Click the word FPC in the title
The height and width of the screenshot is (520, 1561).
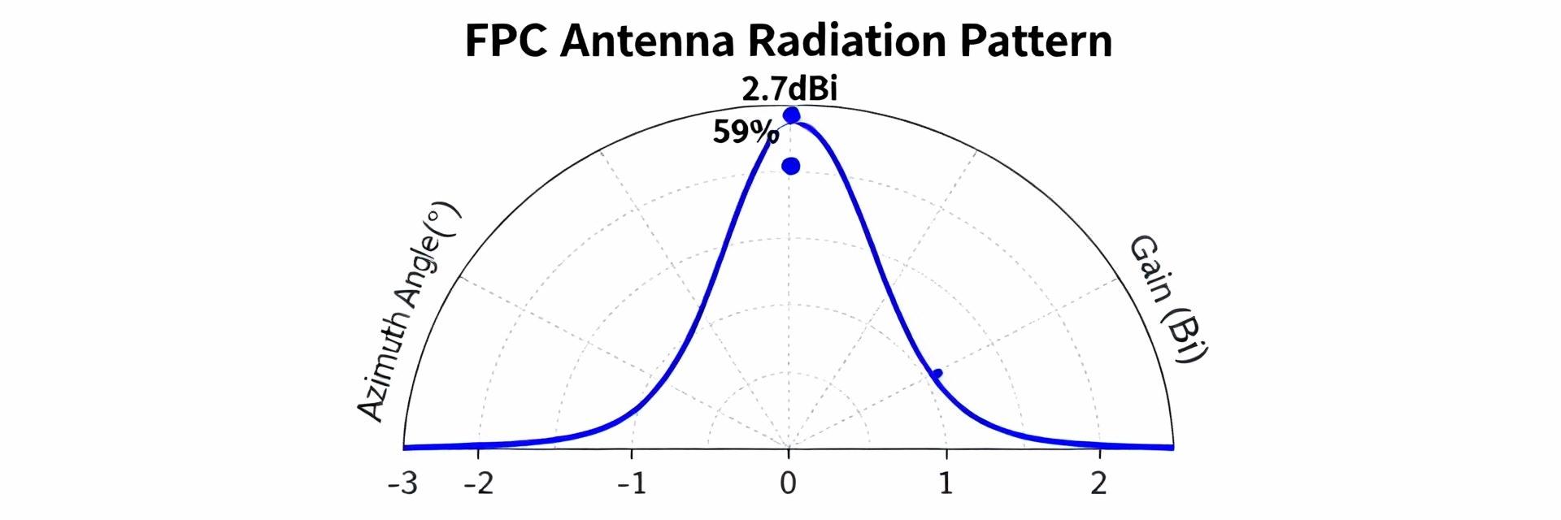pos(505,41)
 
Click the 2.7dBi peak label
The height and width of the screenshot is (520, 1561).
pos(789,89)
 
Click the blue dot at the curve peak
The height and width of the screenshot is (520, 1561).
pos(791,115)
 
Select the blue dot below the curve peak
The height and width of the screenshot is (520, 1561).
pos(790,167)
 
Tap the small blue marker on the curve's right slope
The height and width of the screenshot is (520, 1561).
pos(937,374)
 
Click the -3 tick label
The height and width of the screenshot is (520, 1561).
pos(402,485)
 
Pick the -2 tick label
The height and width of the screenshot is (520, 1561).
pos(478,485)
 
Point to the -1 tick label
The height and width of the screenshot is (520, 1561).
pos(632,485)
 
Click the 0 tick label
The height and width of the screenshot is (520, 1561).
pos(788,485)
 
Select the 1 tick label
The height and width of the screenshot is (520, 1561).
pos(946,485)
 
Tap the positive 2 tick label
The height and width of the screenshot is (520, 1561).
pos(1099,485)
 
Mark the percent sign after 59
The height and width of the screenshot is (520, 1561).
pos(767,133)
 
